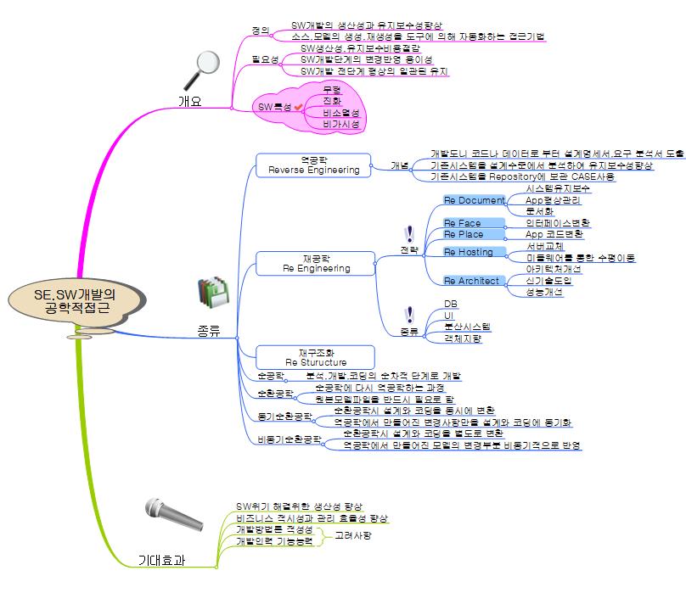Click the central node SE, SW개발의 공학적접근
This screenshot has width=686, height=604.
click(x=75, y=302)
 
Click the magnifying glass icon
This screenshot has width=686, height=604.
click(x=203, y=70)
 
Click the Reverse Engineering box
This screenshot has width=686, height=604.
click(x=313, y=165)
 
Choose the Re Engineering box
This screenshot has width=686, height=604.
click(x=315, y=262)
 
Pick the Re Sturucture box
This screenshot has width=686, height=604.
click(x=315, y=357)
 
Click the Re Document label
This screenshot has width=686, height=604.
click(x=474, y=200)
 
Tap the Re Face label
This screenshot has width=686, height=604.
click(x=463, y=223)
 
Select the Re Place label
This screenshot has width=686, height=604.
click(x=464, y=233)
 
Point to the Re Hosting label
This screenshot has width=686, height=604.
click(x=469, y=252)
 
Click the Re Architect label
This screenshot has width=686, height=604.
click(x=472, y=281)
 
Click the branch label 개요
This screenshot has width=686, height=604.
click(x=189, y=101)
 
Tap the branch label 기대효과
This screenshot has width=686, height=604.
click(x=162, y=561)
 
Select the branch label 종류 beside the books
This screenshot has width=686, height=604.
click(x=208, y=331)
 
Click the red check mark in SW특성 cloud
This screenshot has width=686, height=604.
click(x=298, y=106)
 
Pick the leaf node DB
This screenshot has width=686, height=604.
click(x=451, y=303)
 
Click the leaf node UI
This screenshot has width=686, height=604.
click(x=449, y=315)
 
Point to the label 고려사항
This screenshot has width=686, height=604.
click(x=353, y=535)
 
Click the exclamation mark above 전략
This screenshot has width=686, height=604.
click(x=410, y=234)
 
